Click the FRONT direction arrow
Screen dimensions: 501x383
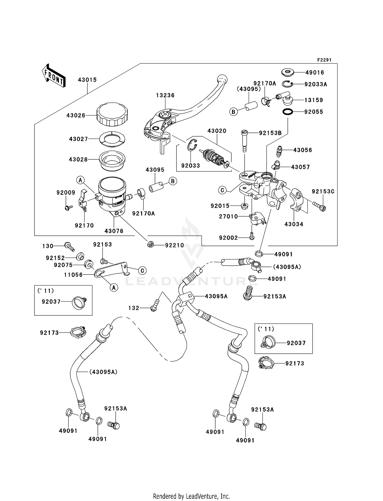[x=53, y=76]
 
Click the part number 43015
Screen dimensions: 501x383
[x=87, y=80]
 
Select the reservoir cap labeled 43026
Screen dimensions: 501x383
[x=112, y=115]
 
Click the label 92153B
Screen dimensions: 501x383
[x=270, y=133]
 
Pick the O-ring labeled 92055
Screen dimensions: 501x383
[x=288, y=112]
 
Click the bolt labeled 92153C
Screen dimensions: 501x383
[x=319, y=206]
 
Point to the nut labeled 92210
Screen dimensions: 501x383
[x=151, y=245]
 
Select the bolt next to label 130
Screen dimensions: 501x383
[x=69, y=246]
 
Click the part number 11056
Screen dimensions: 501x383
[x=73, y=275]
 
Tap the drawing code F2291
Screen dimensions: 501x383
[x=324, y=60]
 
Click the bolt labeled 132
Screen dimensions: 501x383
[x=155, y=306]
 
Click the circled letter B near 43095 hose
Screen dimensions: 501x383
[x=173, y=181]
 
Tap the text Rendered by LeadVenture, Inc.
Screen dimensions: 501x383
[x=191, y=496]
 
